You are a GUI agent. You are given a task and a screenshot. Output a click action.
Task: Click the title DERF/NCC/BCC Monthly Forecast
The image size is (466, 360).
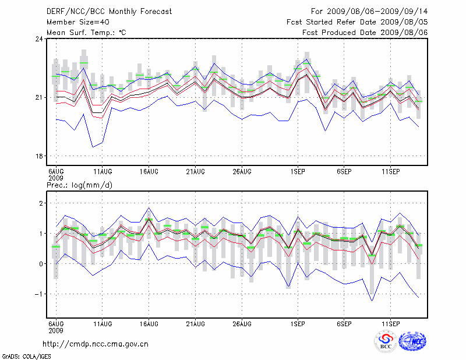point(109,12)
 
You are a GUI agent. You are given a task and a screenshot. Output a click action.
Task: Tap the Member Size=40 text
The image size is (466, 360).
point(77,22)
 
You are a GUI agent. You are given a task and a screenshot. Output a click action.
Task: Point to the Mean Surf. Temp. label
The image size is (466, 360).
point(86,33)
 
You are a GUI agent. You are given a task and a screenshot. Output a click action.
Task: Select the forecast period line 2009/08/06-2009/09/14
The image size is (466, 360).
point(369,12)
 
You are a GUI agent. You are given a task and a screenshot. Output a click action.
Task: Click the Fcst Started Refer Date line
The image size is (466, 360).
point(357,22)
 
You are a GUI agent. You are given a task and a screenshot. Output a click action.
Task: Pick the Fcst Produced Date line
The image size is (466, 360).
point(365,33)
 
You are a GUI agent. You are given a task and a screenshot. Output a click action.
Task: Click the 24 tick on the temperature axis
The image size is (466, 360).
point(39,39)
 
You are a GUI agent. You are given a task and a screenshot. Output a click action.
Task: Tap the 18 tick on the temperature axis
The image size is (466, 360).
point(39,156)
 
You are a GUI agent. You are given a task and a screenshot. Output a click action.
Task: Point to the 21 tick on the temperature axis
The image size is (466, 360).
point(39,97)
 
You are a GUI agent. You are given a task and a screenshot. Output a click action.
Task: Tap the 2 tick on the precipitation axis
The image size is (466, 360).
point(41,203)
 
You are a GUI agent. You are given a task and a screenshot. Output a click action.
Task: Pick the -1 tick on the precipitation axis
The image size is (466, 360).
point(39,294)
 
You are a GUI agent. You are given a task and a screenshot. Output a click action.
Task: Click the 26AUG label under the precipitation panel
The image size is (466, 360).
point(242,323)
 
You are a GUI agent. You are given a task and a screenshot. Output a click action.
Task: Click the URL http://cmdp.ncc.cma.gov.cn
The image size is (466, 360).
point(96,344)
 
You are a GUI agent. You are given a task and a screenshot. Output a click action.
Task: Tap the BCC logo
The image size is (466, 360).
point(386,342)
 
